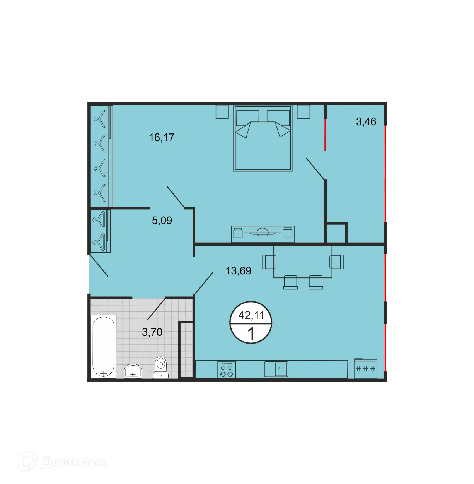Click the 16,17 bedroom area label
[162, 137]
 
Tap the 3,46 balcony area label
[366, 121]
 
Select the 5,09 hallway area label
[162, 221]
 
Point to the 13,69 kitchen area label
[238, 271]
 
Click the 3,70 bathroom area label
[152, 332]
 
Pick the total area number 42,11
[251, 315]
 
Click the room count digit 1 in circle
[251, 333]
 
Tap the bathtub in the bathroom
[103, 347]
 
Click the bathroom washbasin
[133, 371]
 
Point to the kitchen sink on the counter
[276, 369]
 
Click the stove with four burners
[227, 369]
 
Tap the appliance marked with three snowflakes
[365, 369]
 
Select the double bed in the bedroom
[263, 139]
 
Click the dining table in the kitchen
[303, 262]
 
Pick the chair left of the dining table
[269, 262]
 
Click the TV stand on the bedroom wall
[263, 234]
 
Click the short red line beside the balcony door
[325, 134]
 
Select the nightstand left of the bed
[222, 111]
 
